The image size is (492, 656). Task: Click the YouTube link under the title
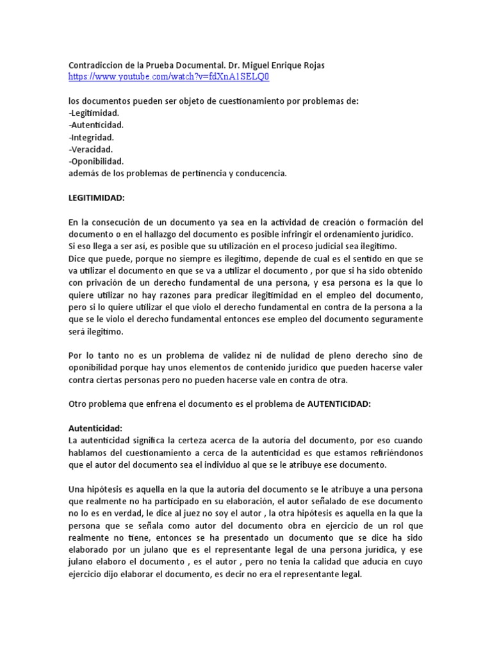[x=169, y=77]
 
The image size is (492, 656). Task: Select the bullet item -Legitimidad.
[x=94, y=113]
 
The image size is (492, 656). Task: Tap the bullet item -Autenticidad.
[x=96, y=125]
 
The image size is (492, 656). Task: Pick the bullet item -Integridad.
[x=92, y=137]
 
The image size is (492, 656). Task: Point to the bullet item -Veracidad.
[x=91, y=149]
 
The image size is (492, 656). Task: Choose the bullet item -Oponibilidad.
[x=96, y=161]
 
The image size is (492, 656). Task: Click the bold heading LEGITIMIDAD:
[x=97, y=197]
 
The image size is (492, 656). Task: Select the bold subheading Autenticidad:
[x=95, y=428]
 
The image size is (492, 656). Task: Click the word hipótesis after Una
[x=108, y=489]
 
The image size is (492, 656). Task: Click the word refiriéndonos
[x=393, y=452]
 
